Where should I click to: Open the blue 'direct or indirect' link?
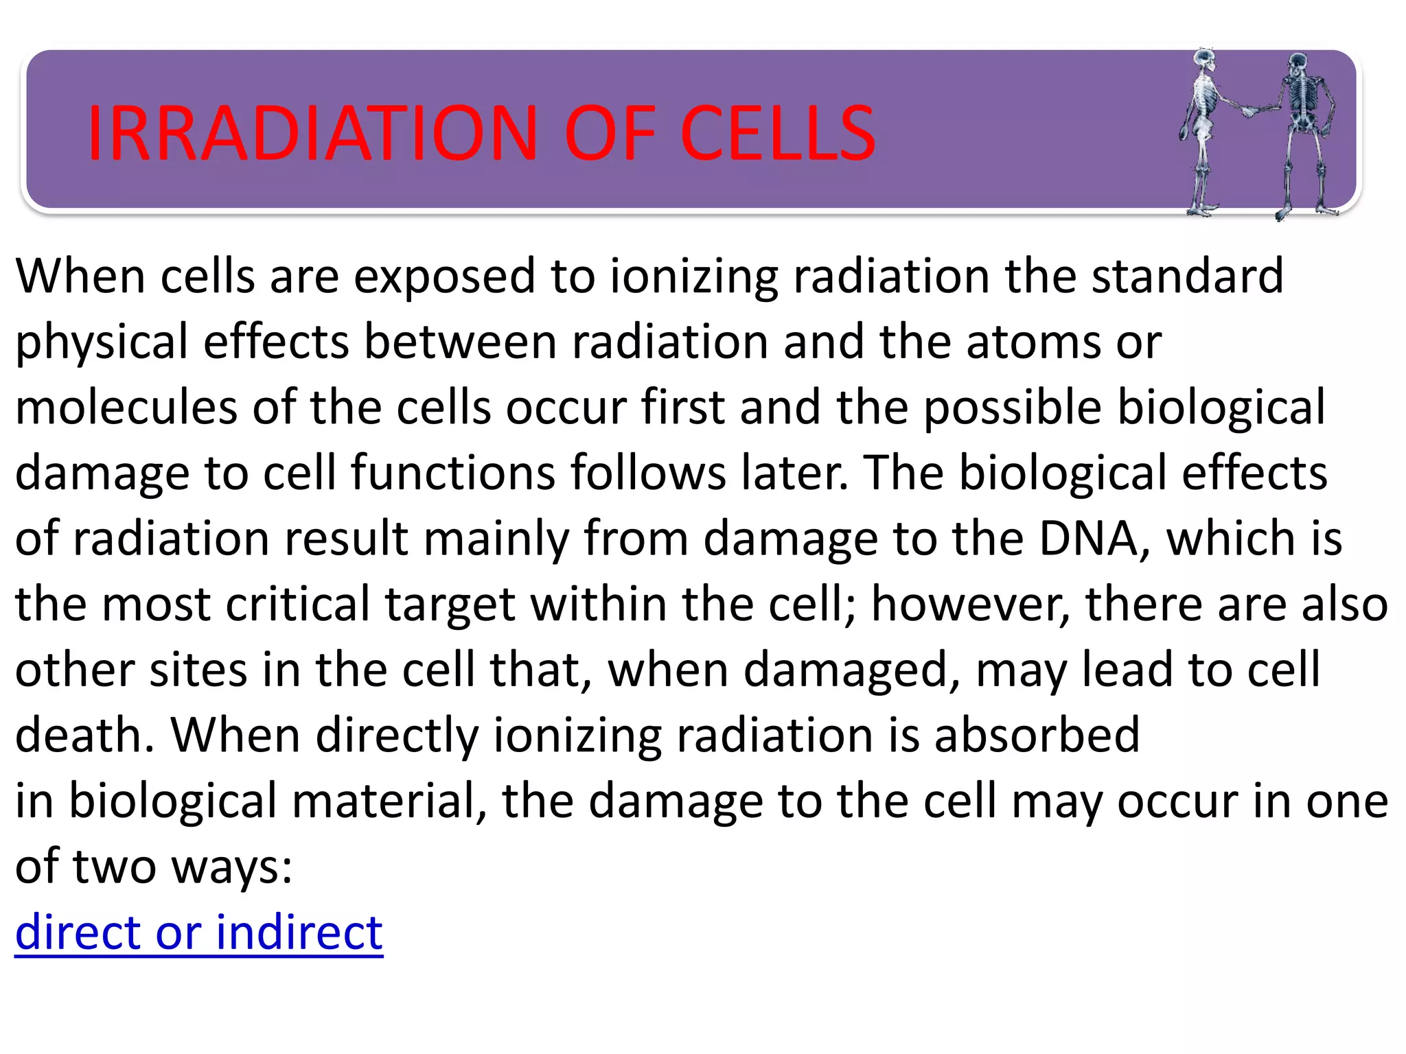(x=199, y=933)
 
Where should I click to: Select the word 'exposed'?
(x=445, y=276)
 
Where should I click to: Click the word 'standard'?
(x=1187, y=276)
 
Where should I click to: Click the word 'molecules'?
(x=126, y=407)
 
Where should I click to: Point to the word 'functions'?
(x=452, y=473)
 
